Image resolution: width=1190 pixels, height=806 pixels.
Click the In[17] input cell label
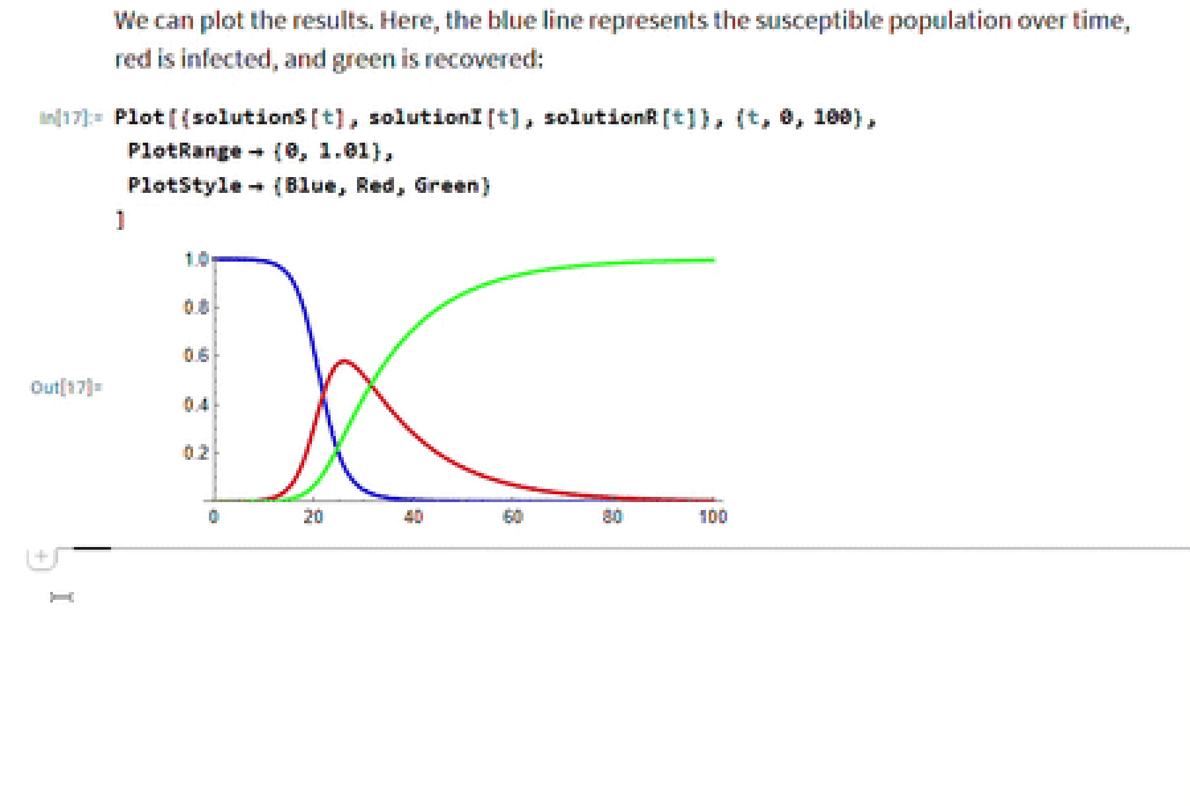70,118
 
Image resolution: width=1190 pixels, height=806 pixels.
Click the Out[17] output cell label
66,387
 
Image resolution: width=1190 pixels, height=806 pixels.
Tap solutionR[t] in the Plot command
618,118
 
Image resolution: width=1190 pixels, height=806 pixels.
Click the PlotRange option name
184,151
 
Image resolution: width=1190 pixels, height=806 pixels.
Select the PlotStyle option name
184,186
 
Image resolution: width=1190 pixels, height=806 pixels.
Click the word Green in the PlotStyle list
447,186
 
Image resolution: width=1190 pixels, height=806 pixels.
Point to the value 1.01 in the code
344,151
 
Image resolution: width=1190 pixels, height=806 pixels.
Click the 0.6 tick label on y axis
196,356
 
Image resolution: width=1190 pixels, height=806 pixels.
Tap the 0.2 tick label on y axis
196,453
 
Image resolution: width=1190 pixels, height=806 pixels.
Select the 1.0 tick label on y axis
196,260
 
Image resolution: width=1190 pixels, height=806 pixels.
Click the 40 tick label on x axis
413,517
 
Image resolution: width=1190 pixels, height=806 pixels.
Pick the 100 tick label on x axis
713,517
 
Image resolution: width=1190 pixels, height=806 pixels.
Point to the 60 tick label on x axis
513,517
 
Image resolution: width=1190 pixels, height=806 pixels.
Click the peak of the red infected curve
344,361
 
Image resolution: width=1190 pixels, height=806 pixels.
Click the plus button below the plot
41,557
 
